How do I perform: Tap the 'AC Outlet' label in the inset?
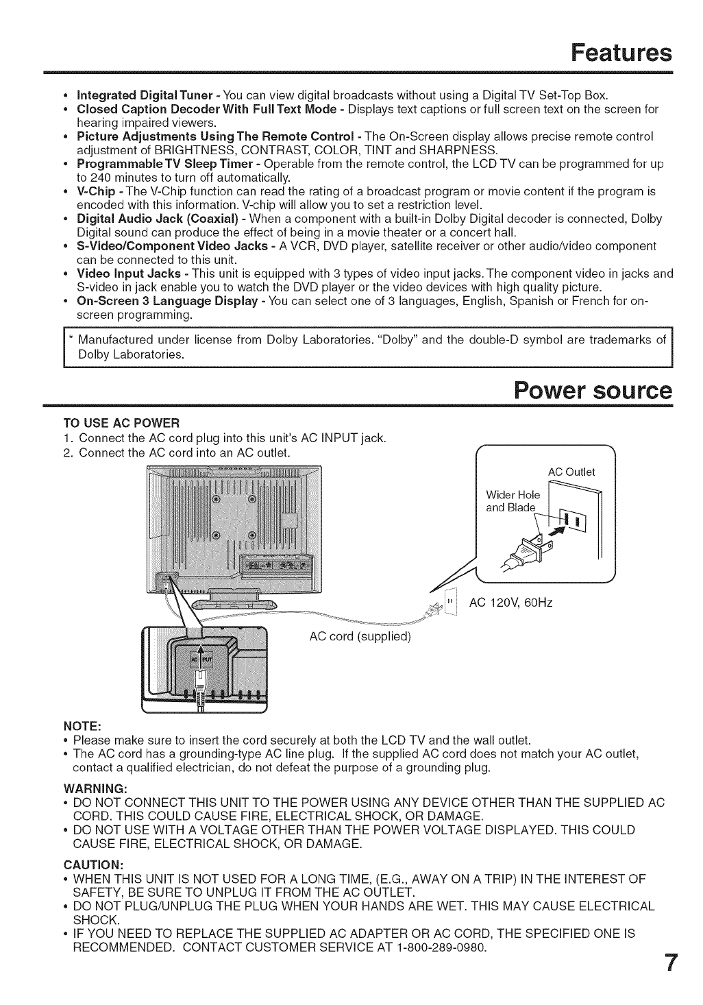click(571, 472)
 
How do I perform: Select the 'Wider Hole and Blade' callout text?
click(513, 501)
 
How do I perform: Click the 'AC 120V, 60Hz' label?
click(510, 603)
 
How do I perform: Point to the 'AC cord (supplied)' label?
click(360, 636)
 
